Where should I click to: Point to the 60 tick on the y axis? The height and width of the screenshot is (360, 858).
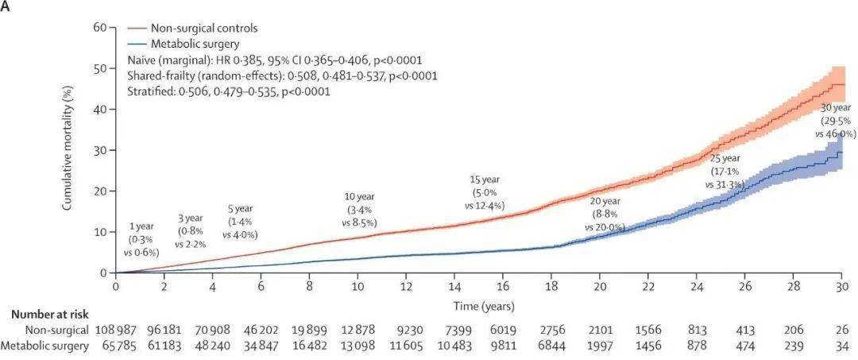coord(100,27)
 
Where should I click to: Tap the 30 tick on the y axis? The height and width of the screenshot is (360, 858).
coord(100,150)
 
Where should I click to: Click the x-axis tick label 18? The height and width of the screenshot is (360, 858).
coord(552,288)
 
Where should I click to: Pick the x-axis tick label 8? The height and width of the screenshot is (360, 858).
coord(309,288)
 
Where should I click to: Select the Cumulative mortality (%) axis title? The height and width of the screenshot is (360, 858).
coord(69,149)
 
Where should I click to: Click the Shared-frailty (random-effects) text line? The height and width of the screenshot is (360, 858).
coord(282,75)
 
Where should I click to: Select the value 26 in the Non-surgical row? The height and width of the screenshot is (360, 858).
coord(841,329)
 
